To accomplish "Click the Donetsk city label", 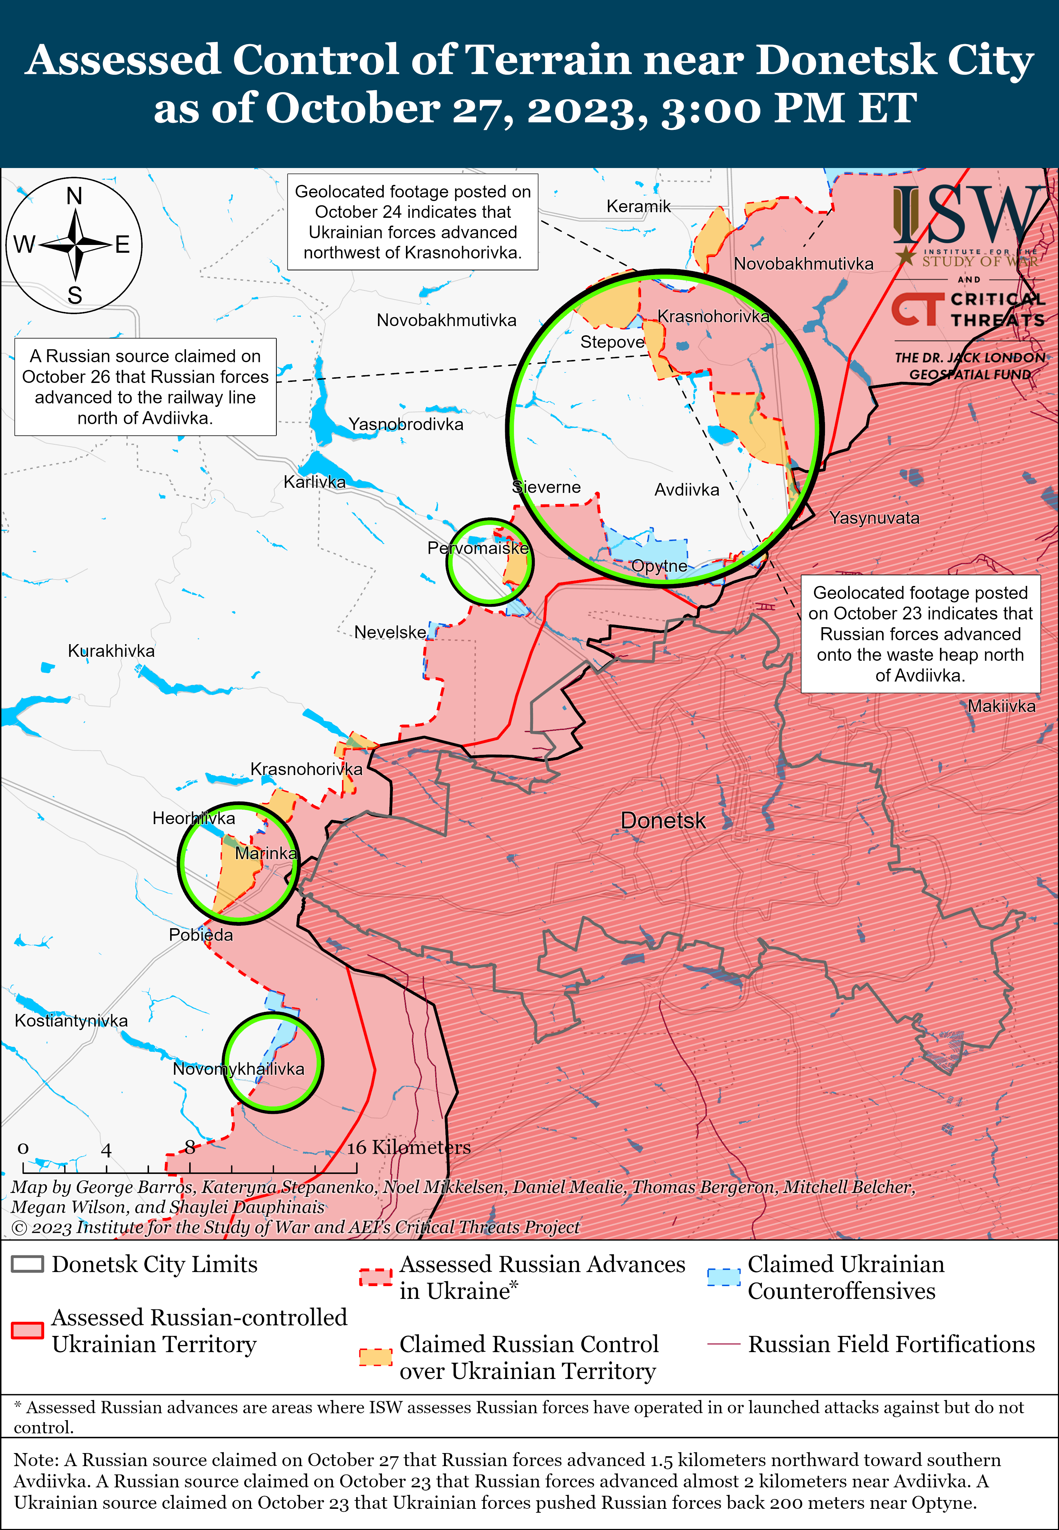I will pos(663,821).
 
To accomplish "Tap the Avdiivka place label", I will pos(687,490).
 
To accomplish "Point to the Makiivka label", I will pos(1001,706).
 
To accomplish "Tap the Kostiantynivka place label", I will pos(71,1020).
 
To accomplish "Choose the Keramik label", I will pos(638,206).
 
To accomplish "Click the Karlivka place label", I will pos(315,482).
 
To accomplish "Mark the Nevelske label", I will pos(390,632).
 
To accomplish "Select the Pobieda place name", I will pos(201,935).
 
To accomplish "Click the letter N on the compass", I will pos(74,196).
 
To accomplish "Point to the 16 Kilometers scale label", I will pos(409,1147).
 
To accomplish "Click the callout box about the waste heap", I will pos(920,634).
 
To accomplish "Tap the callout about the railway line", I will pos(145,387).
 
